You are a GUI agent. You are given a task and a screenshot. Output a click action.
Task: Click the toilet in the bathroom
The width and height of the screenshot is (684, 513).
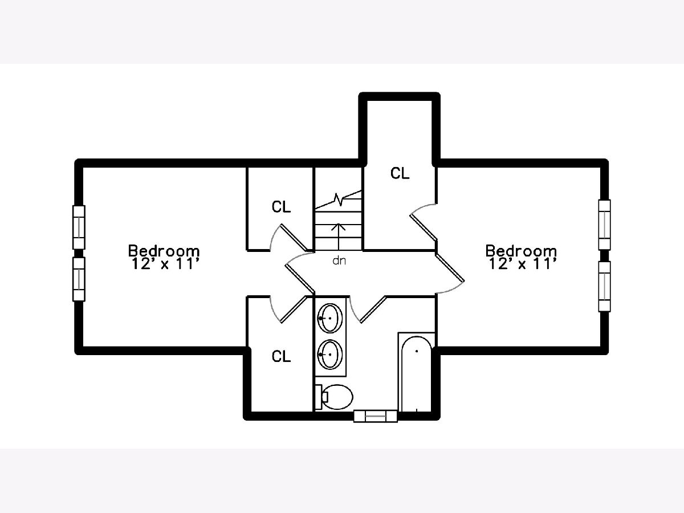(334, 397)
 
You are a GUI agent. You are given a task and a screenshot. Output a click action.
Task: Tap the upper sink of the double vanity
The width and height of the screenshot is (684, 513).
(330, 318)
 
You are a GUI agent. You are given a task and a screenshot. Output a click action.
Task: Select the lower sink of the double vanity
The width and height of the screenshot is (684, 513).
(330, 354)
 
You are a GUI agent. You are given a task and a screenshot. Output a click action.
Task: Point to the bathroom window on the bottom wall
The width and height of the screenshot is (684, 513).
(376, 416)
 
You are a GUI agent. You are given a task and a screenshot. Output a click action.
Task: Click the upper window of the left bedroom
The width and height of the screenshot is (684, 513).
(79, 227)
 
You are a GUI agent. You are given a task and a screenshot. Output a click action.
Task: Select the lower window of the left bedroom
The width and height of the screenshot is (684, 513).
(79, 279)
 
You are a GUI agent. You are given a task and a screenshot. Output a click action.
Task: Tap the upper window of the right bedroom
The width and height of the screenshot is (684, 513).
(604, 225)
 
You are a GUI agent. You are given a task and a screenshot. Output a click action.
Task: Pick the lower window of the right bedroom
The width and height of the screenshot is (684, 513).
(604, 286)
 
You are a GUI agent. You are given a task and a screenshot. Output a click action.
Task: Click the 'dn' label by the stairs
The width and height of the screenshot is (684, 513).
(339, 260)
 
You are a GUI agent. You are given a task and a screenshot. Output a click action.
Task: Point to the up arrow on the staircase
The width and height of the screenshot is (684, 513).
(339, 237)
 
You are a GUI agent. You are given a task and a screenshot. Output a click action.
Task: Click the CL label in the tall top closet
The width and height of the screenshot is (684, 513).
(400, 173)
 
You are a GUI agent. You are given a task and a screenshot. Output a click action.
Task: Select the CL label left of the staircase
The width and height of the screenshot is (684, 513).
(281, 207)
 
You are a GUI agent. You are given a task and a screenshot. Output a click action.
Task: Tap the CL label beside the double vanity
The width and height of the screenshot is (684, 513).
(281, 356)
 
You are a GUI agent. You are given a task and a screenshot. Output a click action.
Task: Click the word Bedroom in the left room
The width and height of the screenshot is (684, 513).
(164, 251)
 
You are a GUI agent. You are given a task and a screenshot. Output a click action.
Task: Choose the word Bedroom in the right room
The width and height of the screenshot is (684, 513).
(521, 251)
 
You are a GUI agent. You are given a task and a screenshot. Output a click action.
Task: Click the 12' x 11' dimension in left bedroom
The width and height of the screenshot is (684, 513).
(165, 264)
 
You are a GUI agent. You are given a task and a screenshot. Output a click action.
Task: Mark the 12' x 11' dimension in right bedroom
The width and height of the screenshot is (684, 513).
(522, 264)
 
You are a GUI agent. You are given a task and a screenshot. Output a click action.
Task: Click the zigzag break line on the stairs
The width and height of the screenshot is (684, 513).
(339, 199)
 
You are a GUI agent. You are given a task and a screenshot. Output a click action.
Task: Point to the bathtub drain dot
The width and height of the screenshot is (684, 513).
(417, 351)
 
